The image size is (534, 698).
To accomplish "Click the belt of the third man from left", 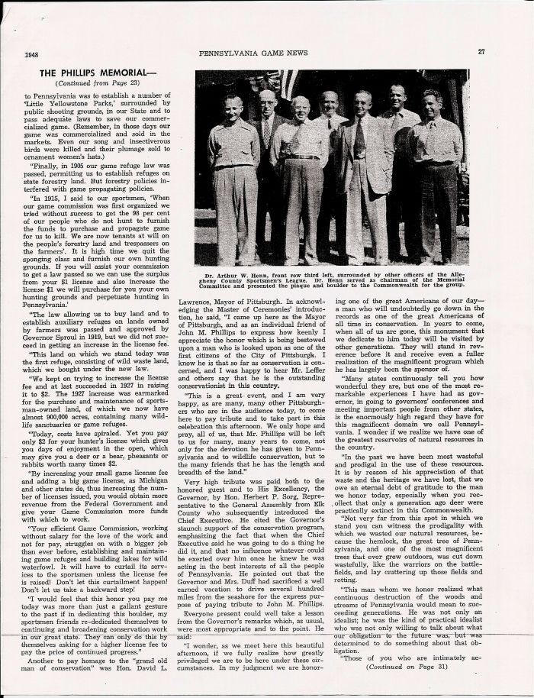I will [x=303, y=157].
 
